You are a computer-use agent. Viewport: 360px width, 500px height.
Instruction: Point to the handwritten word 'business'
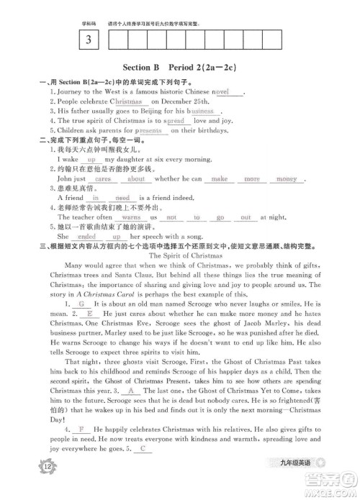coord(202,112)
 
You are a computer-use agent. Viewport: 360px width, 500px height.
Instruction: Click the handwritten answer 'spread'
coord(175,121)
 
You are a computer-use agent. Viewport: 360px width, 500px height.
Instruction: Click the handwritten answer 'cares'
coord(102,178)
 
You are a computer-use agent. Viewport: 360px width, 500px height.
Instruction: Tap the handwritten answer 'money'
coord(287,178)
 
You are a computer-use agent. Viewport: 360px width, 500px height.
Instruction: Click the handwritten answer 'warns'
coord(130,217)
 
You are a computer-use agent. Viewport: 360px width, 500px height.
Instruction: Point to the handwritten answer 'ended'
coord(86,235)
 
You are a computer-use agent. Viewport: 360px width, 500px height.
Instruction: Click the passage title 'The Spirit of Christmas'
coord(190,255)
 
